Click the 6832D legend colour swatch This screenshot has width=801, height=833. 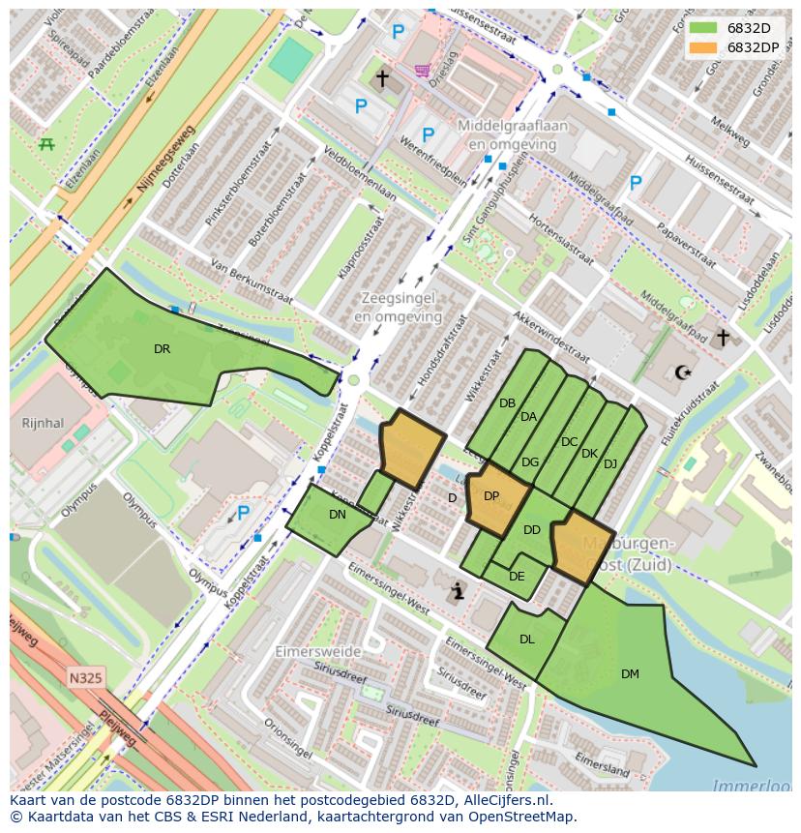(x=704, y=28)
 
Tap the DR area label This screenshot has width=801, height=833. (x=162, y=349)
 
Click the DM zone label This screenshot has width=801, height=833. (x=630, y=674)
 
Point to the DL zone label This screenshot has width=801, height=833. (x=526, y=640)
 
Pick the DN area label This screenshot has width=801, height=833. (x=337, y=515)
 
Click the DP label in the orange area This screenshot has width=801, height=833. (x=491, y=496)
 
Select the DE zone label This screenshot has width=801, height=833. (x=517, y=577)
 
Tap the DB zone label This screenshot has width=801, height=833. (x=507, y=403)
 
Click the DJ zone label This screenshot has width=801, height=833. (x=609, y=464)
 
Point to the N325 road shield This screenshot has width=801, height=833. (x=86, y=678)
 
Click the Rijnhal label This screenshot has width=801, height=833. (x=43, y=423)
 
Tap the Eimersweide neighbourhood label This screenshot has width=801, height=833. (x=317, y=652)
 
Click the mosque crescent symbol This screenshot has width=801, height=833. (x=684, y=372)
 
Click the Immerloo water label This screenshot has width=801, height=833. (x=750, y=785)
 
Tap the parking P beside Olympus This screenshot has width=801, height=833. (x=243, y=514)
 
